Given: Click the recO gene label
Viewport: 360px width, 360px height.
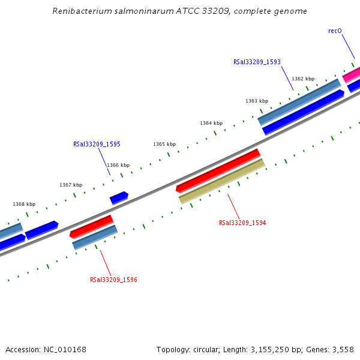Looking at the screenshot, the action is coord(335,31).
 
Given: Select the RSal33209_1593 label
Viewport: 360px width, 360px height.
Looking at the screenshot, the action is coord(257,62).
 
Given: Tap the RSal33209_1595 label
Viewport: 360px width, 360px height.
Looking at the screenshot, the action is coord(97,144).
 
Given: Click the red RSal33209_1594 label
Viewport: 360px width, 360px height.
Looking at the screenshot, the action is coord(242,223).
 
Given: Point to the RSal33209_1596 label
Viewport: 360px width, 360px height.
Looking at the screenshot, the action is coord(113,280).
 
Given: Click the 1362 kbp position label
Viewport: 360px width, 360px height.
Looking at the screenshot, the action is coord(303,79).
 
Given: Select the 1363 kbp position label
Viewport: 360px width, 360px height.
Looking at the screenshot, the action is coord(257,101).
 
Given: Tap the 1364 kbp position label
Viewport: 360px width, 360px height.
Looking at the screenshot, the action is coord(211,123).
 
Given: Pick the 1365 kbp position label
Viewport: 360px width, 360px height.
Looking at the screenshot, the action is coord(164,144).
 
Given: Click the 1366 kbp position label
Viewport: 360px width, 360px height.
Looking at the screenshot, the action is coord(118,165).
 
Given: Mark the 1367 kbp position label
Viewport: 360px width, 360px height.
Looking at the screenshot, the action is coord(71,185).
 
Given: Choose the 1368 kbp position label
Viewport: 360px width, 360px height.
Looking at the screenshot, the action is coord(24,204).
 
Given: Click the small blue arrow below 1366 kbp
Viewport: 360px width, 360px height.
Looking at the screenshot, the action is coord(119,197).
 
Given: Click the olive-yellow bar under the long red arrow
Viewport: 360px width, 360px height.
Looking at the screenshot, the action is coord(222,181).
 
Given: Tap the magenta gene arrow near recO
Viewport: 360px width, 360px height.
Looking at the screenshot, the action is coord(352,74).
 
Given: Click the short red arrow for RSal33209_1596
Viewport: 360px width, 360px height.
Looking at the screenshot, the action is coord(91,226).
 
